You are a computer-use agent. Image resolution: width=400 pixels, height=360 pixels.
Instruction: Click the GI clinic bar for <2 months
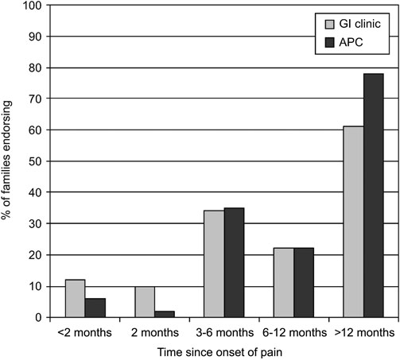pyautogui.click(x=76, y=299)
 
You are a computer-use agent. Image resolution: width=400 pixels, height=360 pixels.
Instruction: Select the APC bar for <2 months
pyautogui.click(x=95, y=308)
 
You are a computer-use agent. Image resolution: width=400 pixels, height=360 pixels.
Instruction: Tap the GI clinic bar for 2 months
pyautogui.click(x=145, y=302)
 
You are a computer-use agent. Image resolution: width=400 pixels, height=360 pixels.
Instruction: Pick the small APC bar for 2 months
pyautogui.click(x=164, y=315)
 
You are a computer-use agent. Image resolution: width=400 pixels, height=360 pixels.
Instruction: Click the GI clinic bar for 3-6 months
pyautogui.click(x=214, y=265)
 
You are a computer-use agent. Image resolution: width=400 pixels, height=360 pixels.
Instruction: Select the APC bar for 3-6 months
pyautogui.click(x=234, y=263)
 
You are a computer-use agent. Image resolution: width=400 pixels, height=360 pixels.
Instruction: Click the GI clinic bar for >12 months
pyautogui.click(x=352, y=223)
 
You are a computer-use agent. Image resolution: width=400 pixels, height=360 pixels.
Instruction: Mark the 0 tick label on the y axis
pyautogui.click(x=36, y=318)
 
